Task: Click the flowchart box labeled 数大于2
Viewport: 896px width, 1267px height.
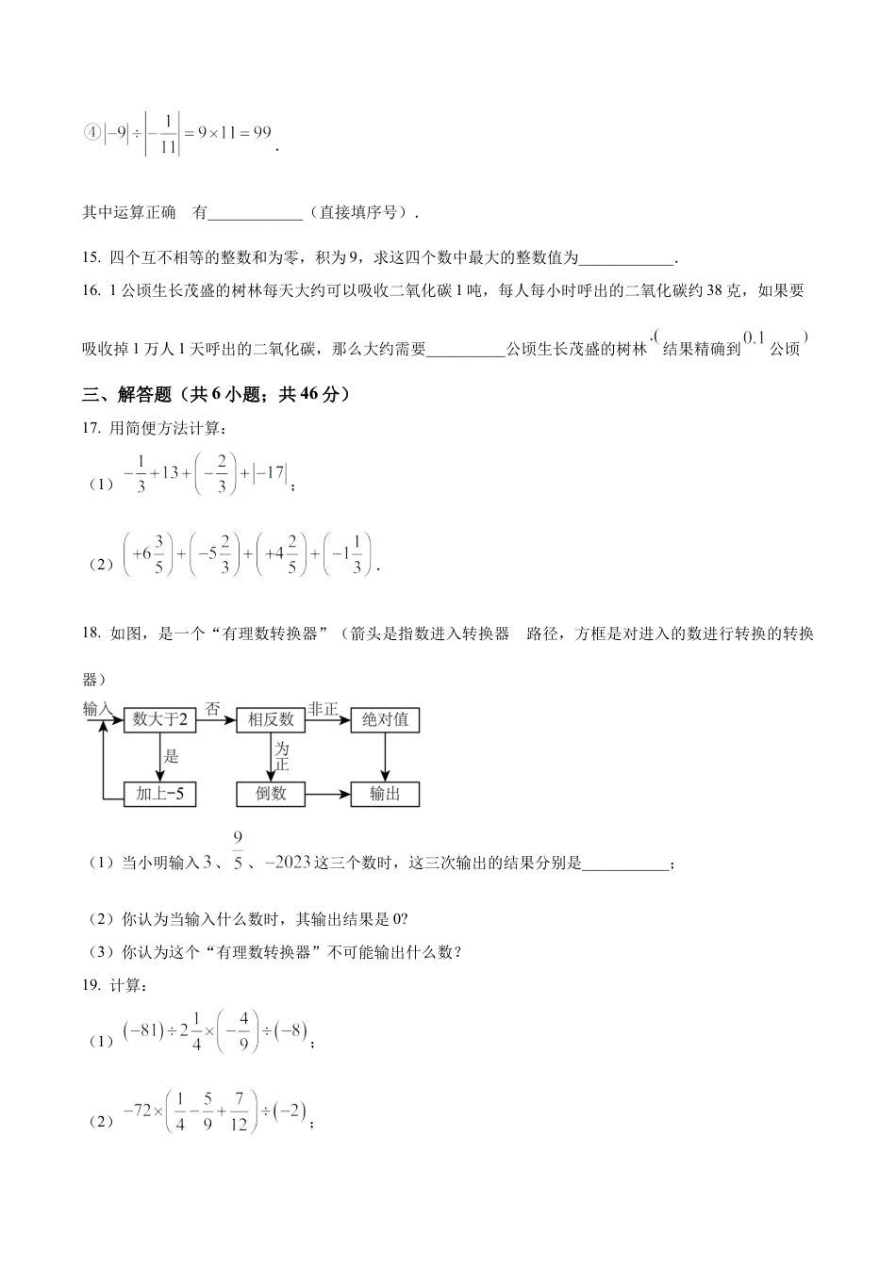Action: [x=159, y=720]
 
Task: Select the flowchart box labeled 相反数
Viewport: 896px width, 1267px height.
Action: [x=271, y=720]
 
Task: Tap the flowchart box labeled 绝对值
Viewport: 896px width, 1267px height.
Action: [x=385, y=720]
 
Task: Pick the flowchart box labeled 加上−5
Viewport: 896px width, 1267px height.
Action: [x=159, y=794]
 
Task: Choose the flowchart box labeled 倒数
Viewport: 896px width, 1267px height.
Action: [x=271, y=794]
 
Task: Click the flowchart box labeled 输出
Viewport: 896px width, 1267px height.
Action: [x=385, y=794]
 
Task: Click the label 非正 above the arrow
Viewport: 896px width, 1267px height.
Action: [x=323, y=709]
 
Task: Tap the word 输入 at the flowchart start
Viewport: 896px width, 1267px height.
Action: [x=98, y=709]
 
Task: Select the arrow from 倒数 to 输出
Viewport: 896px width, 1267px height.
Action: [x=327, y=794]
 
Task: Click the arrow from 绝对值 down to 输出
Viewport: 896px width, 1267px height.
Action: [x=385, y=757]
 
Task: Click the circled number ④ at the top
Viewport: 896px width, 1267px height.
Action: [x=91, y=133]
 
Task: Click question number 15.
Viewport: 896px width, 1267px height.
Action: [x=91, y=257]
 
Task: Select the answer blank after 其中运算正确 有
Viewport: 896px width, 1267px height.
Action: [x=255, y=213]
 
